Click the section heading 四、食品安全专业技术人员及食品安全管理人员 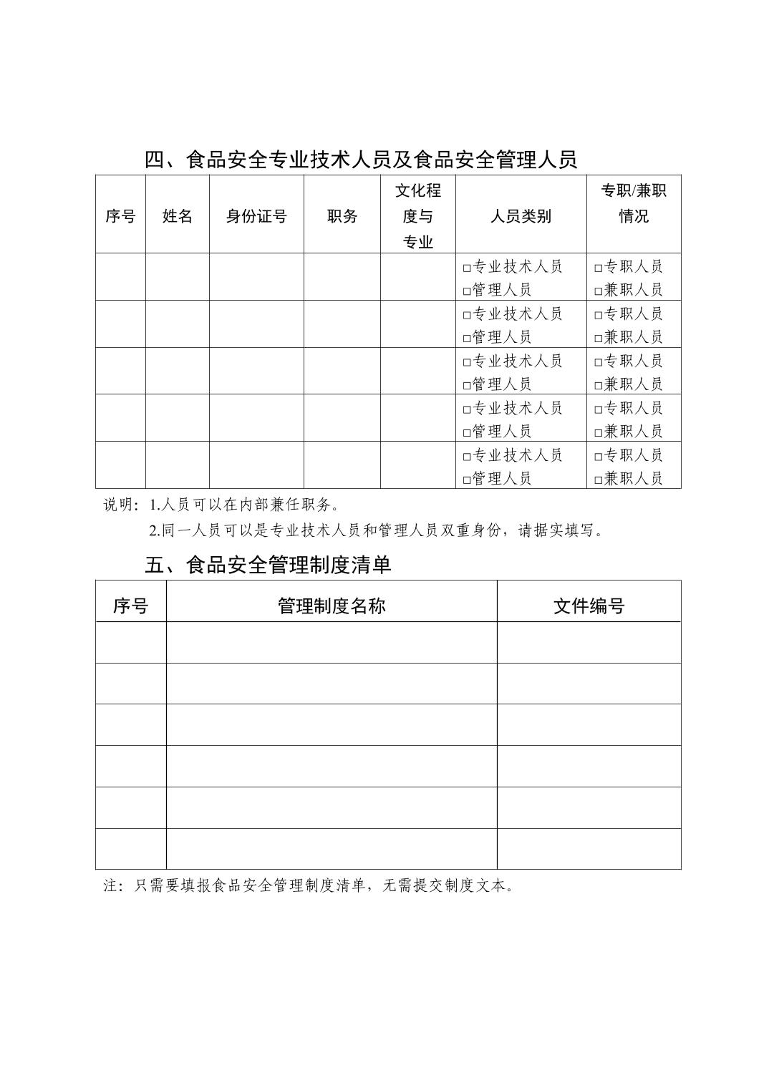coord(361,160)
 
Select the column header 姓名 coord(178,216)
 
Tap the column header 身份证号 coord(256,216)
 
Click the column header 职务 coord(342,216)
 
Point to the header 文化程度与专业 coord(418,216)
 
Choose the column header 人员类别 coord(521,216)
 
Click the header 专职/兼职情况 coord(634,203)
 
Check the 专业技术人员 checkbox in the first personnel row coord(467,268)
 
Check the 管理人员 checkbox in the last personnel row coord(467,480)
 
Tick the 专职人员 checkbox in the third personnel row coord(599,362)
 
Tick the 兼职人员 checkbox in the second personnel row coord(599,338)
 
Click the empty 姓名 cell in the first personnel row coord(178,277)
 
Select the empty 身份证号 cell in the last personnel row coord(256,465)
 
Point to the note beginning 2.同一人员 coord(376,530)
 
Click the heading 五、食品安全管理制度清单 coord(268,565)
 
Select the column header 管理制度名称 coord(332,606)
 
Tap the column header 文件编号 coord(589,606)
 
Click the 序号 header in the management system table coord(130,606)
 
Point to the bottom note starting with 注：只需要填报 coord(309,885)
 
